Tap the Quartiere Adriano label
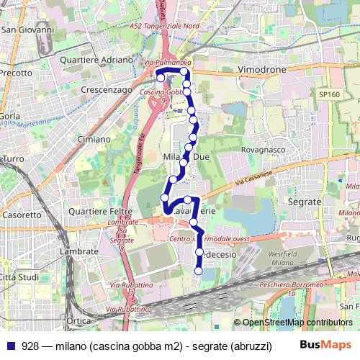coord(91,60)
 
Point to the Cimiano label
coord(94,138)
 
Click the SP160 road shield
coord(328,94)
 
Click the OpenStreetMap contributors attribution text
coord(297,323)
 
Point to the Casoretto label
coord(22,215)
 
